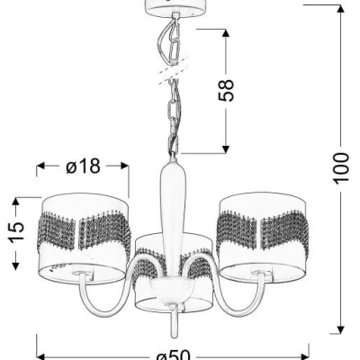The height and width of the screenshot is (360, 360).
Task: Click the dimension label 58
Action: tap(227, 90)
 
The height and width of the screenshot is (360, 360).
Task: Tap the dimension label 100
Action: tap(341, 167)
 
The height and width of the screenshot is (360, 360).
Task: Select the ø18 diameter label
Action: tap(83, 166)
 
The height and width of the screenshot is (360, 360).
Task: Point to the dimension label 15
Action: tap(16, 231)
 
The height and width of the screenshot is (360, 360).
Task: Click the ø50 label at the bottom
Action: tap(174, 355)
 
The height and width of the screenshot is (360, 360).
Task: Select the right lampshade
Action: tap(263, 237)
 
